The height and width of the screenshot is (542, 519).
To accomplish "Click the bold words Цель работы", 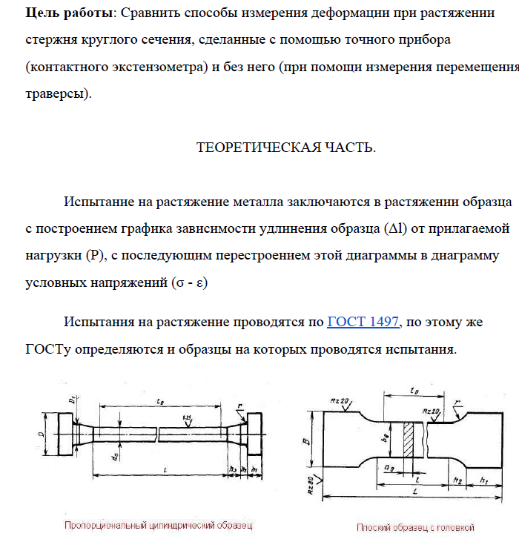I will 59,13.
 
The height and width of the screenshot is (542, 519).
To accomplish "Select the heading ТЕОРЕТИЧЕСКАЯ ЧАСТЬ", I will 285,147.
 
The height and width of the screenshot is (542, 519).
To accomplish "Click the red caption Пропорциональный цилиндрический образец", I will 158,525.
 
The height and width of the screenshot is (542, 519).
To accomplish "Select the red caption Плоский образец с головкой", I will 415,527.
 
